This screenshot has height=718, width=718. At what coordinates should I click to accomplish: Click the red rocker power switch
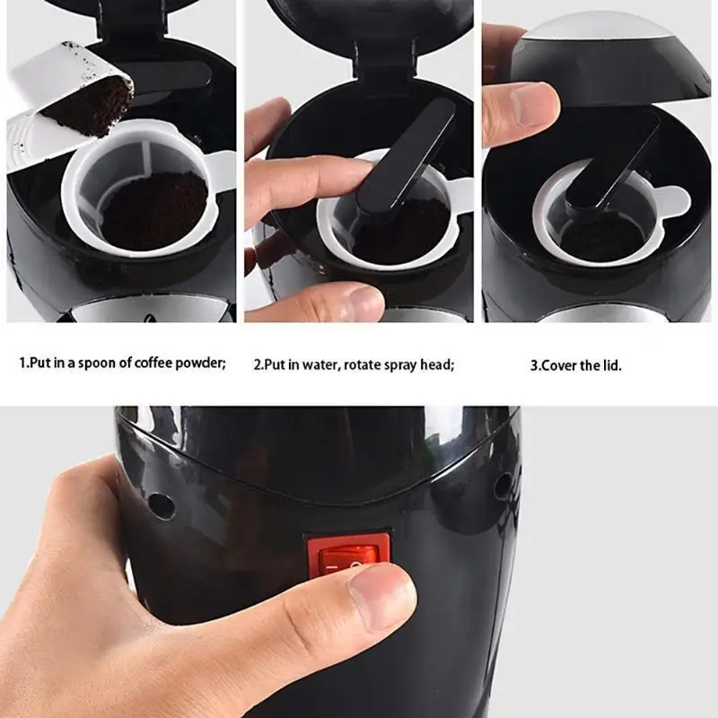(348, 556)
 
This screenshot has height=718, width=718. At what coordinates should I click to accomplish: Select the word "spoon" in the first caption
(98, 363)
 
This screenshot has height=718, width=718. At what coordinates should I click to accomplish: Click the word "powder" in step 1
(201, 363)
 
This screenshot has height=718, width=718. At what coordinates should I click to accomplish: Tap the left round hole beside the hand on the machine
(162, 505)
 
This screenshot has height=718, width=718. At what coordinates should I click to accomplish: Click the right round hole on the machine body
(503, 486)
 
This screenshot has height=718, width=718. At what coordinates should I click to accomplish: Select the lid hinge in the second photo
(385, 59)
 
